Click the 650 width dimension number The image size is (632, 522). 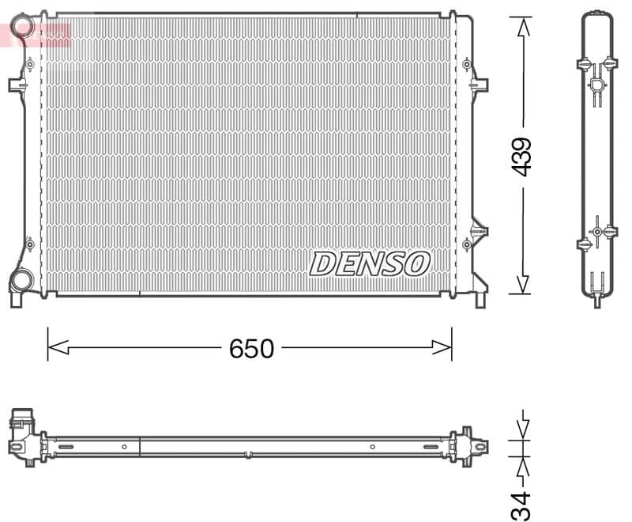[x=251, y=348]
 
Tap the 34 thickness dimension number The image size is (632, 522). [x=521, y=505]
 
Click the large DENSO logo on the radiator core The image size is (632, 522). [x=369, y=263]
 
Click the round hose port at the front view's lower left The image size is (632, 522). [x=22, y=279]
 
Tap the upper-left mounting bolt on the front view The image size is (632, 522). [x=30, y=63]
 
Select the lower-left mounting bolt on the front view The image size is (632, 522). [x=30, y=244]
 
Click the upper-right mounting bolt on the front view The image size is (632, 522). [x=467, y=63]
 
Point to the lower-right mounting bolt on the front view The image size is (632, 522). [x=467, y=244]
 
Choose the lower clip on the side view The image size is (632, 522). [x=596, y=232]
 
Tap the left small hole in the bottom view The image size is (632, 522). [x=124, y=447]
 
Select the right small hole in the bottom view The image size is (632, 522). [x=372, y=447]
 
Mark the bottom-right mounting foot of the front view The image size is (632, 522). [x=480, y=299]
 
